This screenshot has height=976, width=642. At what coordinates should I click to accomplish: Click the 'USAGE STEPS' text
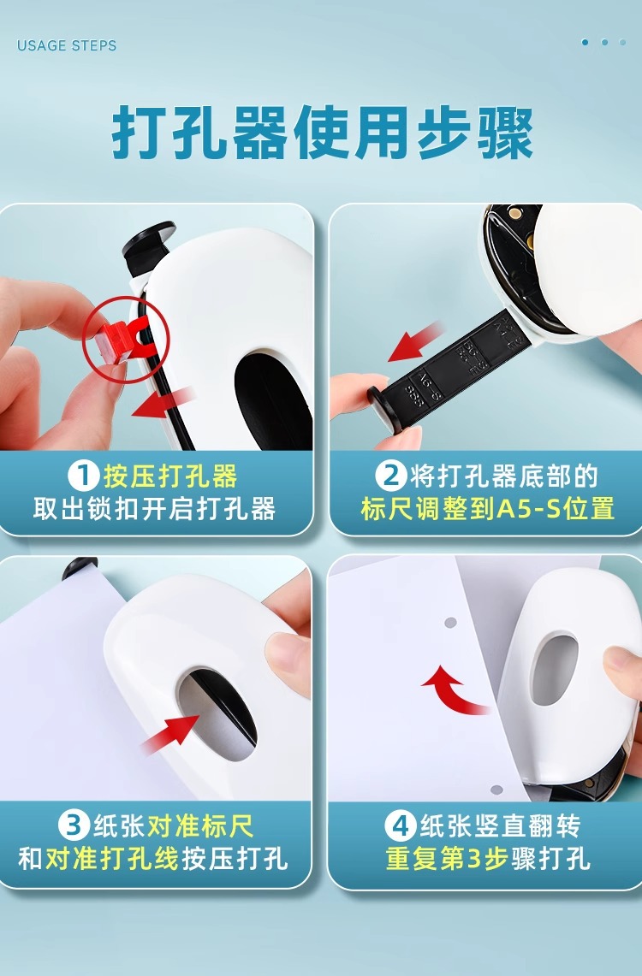(67, 45)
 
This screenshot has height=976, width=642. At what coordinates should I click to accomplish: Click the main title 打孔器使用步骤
(323, 133)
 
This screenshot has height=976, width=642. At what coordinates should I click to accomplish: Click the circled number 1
(83, 476)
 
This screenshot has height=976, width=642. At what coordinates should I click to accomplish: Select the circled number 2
(391, 476)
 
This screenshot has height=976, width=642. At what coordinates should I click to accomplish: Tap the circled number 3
(74, 825)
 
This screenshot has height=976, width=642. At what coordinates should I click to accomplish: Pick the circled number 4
(400, 826)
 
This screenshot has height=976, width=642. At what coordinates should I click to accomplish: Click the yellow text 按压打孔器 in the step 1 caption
(170, 476)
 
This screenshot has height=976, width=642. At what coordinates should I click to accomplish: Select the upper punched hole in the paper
(450, 622)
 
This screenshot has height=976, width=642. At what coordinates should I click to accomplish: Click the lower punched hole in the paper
(496, 790)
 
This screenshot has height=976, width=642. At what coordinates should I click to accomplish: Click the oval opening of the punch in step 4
(554, 671)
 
